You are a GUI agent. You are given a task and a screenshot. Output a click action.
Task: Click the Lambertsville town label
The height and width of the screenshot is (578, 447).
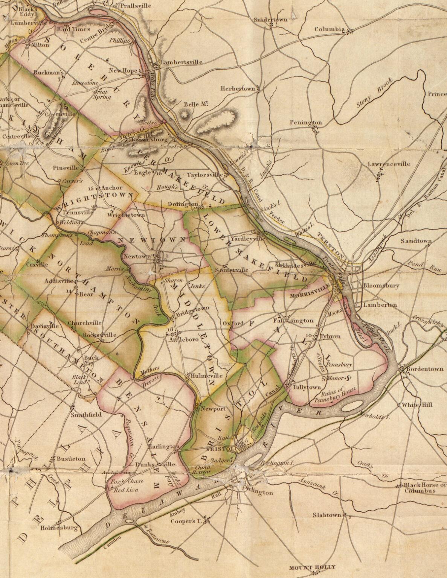coord(182,62)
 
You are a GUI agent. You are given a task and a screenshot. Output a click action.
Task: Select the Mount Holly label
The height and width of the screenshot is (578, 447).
coord(312,567)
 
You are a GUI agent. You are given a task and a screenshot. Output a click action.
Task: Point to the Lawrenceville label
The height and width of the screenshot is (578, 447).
coord(389,164)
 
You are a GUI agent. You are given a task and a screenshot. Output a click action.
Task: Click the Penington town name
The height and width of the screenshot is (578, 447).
coord(306,123)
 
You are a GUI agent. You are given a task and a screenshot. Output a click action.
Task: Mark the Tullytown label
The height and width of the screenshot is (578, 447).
coord(307,387)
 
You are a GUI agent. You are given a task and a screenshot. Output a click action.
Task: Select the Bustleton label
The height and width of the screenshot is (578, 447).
coord(71,459)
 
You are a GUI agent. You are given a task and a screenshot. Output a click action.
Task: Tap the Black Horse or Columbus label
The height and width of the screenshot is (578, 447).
coord(422,488)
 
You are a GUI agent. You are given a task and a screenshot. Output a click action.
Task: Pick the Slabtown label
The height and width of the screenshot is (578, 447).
coord(327,515)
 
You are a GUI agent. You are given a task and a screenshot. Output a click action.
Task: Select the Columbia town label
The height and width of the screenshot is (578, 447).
coord(330,29)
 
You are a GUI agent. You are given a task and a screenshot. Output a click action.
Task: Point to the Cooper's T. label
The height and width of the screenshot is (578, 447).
coord(186,522)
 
